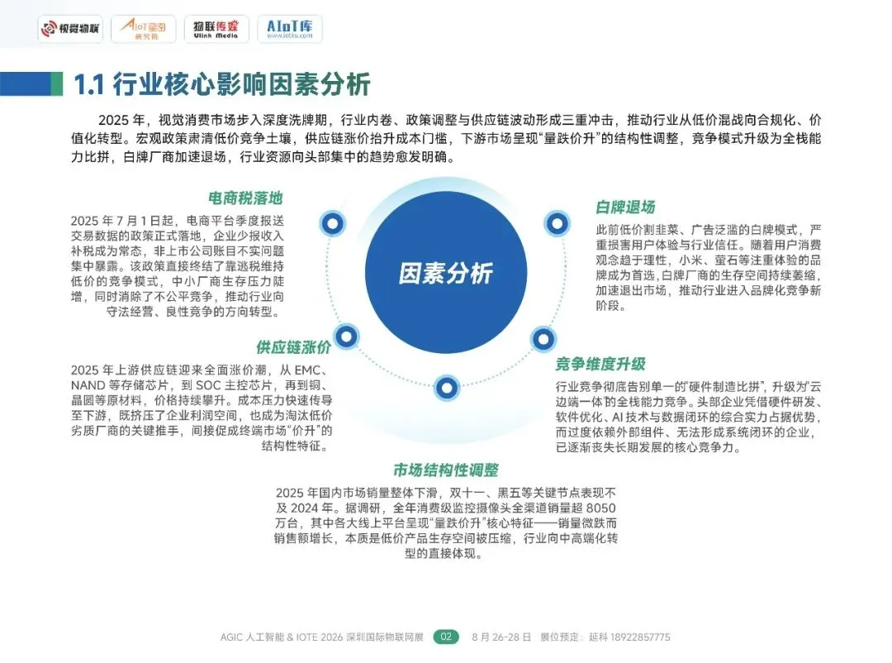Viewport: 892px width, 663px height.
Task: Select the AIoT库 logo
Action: pos(289,29)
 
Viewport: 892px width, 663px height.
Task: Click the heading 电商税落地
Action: pos(245,198)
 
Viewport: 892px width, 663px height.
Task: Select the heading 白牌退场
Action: pos(625,207)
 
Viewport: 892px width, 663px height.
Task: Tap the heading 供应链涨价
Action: pos(293,346)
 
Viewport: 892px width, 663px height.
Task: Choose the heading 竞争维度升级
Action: pos(600,364)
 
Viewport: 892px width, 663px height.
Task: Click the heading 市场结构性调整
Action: pos(446,470)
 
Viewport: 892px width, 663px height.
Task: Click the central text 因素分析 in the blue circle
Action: pos(446,274)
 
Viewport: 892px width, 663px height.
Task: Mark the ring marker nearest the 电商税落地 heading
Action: pos(332,222)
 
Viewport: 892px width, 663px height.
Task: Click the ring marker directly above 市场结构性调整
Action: pos(446,386)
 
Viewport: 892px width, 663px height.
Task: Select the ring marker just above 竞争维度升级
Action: pos(543,337)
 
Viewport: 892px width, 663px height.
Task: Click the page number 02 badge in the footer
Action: pos(446,637)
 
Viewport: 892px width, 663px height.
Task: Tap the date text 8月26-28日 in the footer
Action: pos(499,637)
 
